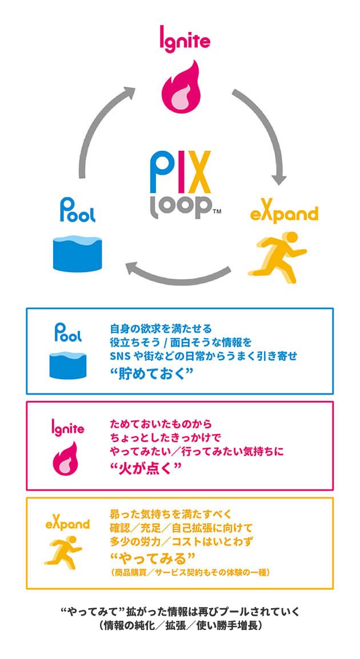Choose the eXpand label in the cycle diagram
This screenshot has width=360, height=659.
tap(284, 214)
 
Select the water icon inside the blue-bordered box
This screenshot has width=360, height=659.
tap(68, 366)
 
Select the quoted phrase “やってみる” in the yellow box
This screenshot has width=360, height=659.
tap(153, 558)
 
